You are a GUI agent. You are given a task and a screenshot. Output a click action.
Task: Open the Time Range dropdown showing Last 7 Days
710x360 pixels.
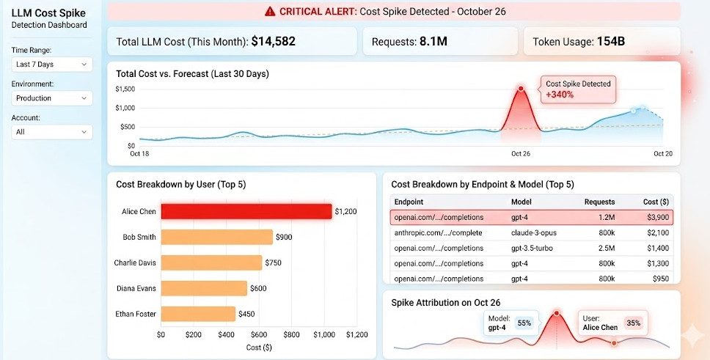51,65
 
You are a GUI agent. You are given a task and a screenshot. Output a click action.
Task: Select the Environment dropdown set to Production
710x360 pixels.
51,98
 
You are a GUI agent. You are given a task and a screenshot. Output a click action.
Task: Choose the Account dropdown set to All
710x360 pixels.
51,132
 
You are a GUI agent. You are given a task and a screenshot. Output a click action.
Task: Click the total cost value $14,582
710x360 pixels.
273,42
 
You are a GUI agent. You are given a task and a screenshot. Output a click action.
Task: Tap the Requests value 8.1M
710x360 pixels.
433,42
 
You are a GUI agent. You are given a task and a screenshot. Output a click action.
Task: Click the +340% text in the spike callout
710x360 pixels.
559,95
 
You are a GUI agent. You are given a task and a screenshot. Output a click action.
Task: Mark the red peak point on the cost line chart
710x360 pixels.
521,89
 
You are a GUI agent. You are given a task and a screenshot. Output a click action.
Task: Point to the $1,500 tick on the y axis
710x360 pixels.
125,89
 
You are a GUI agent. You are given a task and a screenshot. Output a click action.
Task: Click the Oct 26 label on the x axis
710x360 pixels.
521,154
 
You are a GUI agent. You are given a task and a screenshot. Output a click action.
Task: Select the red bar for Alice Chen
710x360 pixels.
246,211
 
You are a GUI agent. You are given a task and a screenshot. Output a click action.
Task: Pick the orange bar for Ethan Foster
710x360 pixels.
198,314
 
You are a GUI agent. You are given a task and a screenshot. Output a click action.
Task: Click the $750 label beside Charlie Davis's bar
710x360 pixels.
274,262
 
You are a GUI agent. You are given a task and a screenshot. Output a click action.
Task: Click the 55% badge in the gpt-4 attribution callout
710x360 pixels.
524,323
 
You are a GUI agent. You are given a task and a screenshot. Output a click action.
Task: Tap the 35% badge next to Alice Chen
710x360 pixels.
633,323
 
